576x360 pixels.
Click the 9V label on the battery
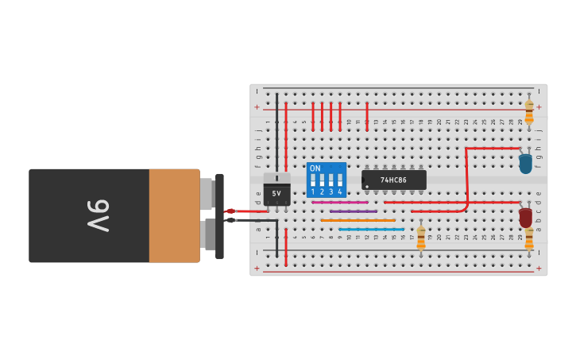(x=97, y=215)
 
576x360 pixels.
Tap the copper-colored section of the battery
(x=174, y=215)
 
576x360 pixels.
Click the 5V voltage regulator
(x=276, y=192)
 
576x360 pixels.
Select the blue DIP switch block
(x=327, y=180)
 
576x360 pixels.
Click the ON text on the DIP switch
(x=315, y=168)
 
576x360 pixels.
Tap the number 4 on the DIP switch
(x=340, y=192)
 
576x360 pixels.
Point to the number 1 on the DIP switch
(x=313, y=192)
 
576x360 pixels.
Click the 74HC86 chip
(x=394, y=180)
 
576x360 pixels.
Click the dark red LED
(x=525, y=216)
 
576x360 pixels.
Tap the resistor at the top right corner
(x=529, y=110)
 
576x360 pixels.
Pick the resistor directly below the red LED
(x=529, y=238)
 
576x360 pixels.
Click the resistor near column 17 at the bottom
(x=421, y=238)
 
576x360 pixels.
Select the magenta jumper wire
(x=340, y=202)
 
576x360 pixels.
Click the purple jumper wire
(x=354, y=211)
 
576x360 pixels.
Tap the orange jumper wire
(x=358, y=220)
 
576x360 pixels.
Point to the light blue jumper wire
(x=371, y=229)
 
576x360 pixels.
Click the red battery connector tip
(x=230, y=211)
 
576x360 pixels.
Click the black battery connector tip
(x=230, y=220)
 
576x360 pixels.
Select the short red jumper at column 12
(x=367, y=115)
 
